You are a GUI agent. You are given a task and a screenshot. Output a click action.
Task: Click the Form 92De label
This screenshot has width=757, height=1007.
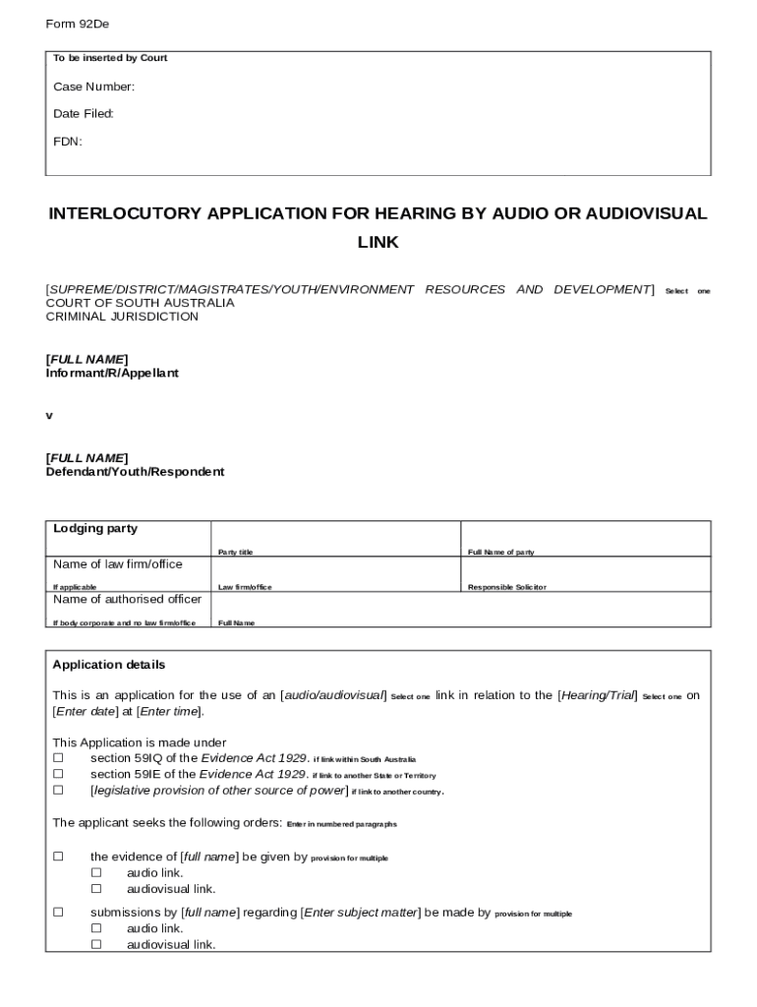[77, 24]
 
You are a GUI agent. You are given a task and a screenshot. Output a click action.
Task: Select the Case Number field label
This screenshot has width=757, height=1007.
[93, 87]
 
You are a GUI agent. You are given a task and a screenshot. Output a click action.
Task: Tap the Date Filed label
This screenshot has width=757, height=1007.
[84, 114]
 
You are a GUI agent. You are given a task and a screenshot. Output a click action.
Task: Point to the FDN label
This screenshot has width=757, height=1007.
[68, 142]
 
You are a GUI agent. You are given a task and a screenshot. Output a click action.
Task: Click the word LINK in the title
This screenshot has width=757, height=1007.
[378, 242]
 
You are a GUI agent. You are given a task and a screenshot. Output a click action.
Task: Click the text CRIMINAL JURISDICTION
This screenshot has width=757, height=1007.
[122, 317]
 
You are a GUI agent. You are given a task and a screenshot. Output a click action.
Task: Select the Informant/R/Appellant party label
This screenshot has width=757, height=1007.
[112, 374]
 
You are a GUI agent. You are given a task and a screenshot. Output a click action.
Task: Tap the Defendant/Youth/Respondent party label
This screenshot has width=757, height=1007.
[135, 472]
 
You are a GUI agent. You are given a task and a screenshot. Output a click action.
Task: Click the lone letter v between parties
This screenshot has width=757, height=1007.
[49, 416]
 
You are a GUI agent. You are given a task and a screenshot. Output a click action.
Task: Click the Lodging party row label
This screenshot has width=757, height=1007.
[95, 529]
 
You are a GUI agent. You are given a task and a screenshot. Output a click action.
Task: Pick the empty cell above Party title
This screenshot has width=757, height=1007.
[335, 534]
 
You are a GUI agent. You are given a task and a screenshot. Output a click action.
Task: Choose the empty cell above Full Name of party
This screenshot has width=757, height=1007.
[585, 534]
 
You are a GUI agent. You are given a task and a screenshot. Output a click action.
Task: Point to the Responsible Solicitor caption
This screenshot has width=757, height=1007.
[506, 587]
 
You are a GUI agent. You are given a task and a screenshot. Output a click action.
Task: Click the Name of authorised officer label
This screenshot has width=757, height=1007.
[127, 599]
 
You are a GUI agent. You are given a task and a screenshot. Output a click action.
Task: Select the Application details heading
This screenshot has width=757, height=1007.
[109, 665]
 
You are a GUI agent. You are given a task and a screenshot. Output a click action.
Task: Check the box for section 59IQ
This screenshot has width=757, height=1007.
[58, 758]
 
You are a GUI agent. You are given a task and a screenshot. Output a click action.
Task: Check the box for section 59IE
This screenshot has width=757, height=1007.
[58, 774]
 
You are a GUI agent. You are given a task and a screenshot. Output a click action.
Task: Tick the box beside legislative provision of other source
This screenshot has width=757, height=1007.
[58, 790]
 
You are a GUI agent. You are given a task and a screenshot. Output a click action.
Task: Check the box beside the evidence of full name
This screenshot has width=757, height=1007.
[58, 857]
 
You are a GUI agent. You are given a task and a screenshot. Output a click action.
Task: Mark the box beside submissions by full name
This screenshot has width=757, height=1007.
[58, 913]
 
